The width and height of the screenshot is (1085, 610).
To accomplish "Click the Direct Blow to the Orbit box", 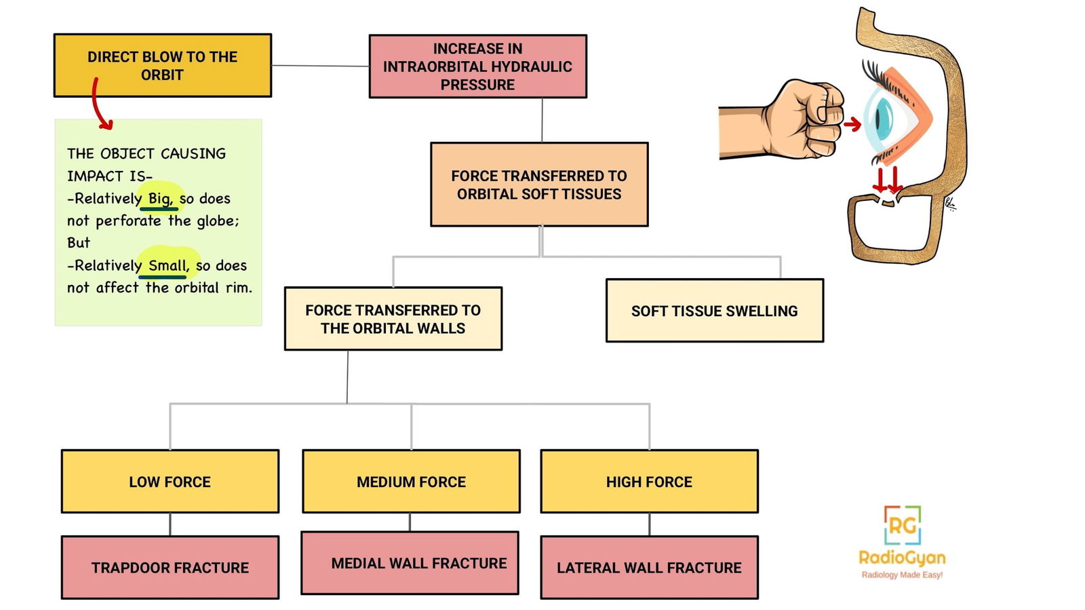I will [162, 66].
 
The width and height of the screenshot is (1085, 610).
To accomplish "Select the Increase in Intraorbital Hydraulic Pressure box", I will [477, 66].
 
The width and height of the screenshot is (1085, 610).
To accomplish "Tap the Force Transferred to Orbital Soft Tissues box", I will [539, 185].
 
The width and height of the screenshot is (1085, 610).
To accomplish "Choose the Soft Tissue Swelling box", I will [714, 311].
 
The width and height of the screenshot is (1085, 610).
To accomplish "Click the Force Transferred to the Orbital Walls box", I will [393, 319].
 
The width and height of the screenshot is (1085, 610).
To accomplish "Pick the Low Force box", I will [170, 482].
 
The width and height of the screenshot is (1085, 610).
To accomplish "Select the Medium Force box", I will [411, 482].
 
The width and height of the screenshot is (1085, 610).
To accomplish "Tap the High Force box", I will [649, 482].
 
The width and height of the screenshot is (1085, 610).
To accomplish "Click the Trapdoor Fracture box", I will [170, 568].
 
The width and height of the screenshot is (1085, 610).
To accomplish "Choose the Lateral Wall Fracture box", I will [649, 568].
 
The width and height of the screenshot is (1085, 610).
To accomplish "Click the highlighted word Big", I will [160, 198].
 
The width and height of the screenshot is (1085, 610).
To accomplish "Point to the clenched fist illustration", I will [800, 121].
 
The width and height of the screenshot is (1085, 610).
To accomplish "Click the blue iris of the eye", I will [882, 117].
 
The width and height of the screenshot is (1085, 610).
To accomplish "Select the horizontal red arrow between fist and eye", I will [852, 124].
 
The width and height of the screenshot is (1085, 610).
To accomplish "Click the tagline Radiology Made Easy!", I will [902, 575].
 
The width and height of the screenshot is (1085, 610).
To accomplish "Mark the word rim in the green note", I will [238, 288].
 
